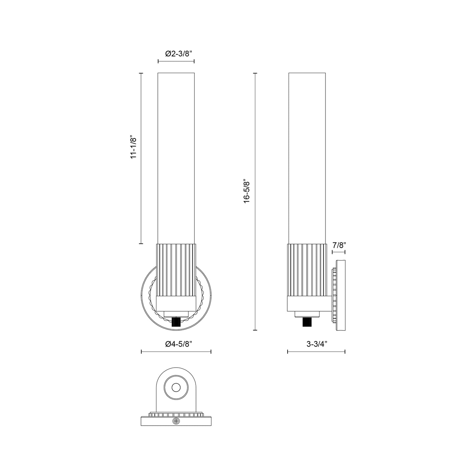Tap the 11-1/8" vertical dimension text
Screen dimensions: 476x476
pyautogui.click(x=133, y=147)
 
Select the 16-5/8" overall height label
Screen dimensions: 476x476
pyautogui.click(x=247, y=191)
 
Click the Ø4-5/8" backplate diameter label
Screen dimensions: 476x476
pyautogui.click(x=176, y=344)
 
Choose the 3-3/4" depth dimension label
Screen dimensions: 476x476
pyautogui.click(x=316, y=344)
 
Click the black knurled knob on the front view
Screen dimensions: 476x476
pyautogui.click(x=177, y=322)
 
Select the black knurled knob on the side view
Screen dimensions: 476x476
pyautogui.click(x=307, y=322)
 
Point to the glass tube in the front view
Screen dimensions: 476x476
pyautogui.click(x=176, y=158)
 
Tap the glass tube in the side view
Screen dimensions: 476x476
pyautogui.click(x=307, y=158)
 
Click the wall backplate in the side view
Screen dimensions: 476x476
pyautogui.click(x=341, y=295)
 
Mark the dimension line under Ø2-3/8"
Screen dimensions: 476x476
pyautogui.click(x=176, y=61)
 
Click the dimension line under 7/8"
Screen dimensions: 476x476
pyautogui.click(x=338, y=252)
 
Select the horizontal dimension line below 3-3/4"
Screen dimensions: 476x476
pyautogui.click(x=316, y=352)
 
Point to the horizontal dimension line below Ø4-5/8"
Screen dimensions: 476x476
pyautogui.click(x=176, y=352)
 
